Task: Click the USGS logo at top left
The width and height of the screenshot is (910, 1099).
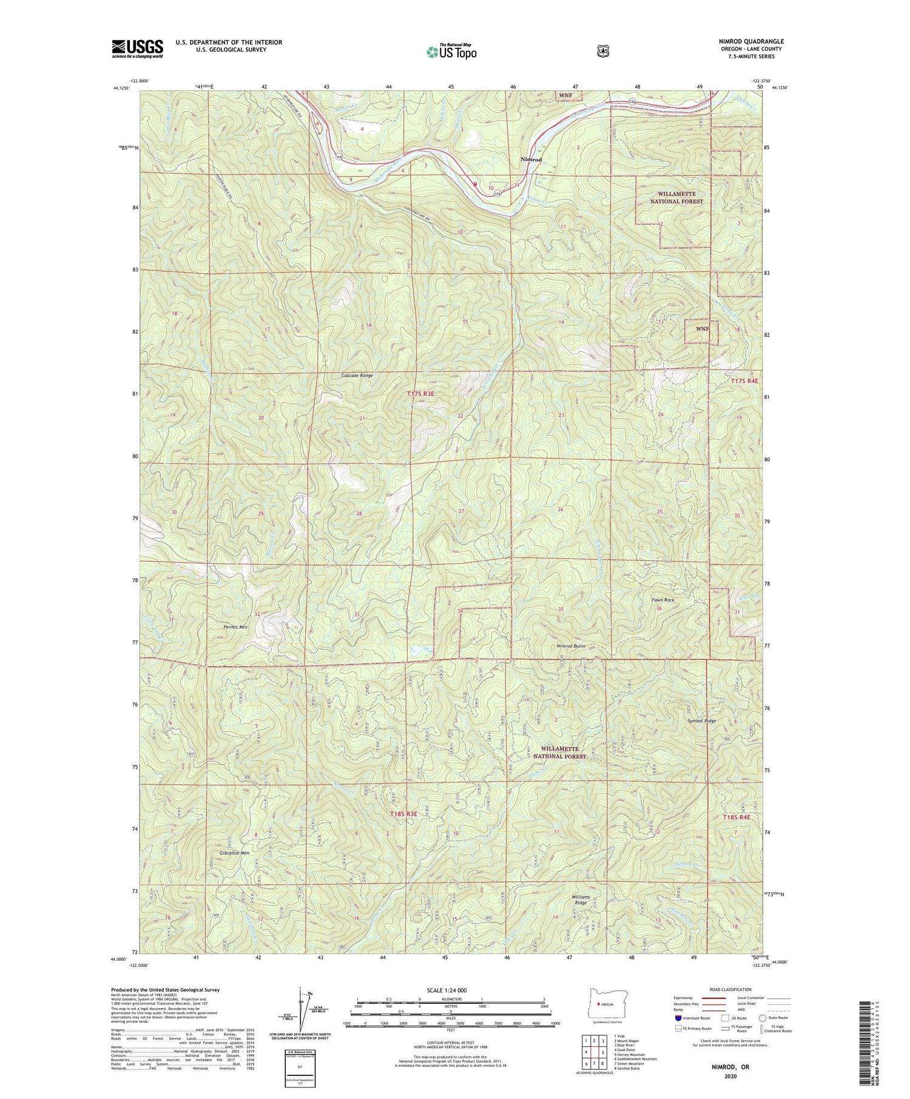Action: [137, 48]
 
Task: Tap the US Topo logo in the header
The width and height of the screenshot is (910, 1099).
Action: [451, 52]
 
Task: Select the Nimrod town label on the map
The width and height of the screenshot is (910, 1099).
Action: [531, 159]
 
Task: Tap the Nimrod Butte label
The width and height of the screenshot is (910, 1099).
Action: [571, 646]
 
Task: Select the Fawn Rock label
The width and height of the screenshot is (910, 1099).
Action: [662, 600]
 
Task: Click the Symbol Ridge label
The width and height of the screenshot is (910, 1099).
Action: [702, 721]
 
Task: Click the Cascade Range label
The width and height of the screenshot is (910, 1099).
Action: [357, 375]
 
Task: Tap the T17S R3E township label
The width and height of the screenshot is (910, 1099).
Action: [420, 394]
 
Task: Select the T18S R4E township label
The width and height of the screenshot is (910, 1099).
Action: [736, 817]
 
